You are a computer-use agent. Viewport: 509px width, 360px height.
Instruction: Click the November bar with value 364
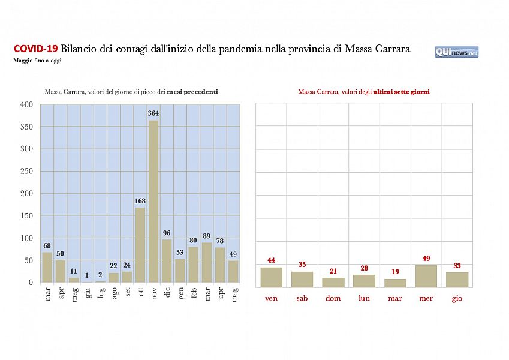coord(153,201)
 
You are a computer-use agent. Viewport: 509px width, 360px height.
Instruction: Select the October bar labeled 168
coord(140,245)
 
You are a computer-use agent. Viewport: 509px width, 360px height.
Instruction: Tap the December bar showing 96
coord(167,260)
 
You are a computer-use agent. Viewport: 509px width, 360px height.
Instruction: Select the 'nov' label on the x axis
coord(153,294)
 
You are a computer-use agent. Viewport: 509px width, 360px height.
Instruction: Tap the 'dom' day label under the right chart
coord(333,298)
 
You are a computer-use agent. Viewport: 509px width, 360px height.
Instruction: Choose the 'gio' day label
coord(457,298)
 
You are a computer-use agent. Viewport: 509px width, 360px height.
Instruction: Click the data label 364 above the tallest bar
coord(153,114)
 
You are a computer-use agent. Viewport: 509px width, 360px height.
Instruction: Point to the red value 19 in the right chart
coord(395,272)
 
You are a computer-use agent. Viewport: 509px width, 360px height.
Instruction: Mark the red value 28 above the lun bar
coord(364,268)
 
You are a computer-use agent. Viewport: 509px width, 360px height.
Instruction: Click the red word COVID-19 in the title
coord(35,49)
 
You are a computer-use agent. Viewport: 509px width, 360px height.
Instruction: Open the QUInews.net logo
coord(457,52)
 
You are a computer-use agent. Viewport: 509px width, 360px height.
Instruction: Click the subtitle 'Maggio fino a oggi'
coord(37,61)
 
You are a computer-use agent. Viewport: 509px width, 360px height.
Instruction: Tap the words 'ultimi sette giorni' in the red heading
coord(401,92)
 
